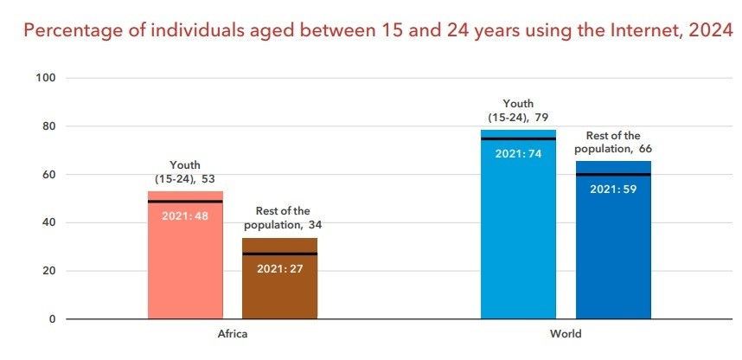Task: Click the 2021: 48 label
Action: click(185, 215)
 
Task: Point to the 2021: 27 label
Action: click(279, 267)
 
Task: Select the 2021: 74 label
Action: click(518, 153)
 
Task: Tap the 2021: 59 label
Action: click(613, 189)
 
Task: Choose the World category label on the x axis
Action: click(566, 334)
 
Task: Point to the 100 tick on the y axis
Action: click(46, 78)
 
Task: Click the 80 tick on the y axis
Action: click(48, 126)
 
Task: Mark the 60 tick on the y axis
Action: click(48, 175)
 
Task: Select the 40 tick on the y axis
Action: click(48, 222)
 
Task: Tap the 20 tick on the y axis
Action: click(48, 271)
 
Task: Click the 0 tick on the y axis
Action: click(52, 319)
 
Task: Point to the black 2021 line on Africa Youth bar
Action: click(185, 202)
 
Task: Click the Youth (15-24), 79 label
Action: click(517, 111)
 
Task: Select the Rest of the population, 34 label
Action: click(283, 217)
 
